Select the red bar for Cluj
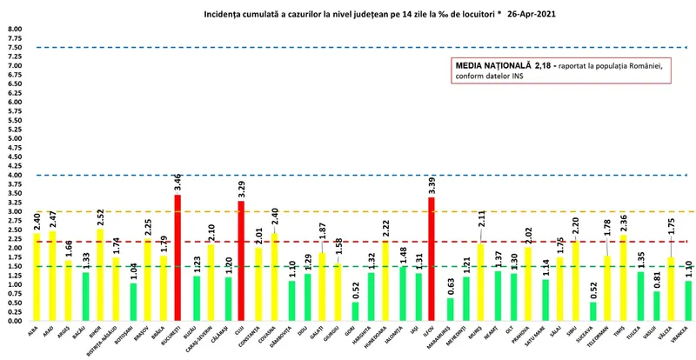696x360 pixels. point(242,261)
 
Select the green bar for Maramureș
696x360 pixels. point(449,310)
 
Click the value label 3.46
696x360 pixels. point(178,183)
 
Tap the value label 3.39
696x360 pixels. point(432,185)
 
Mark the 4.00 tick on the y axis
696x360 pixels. point(15,175)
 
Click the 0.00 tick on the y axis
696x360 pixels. point(15,321)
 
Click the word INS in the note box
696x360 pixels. point(519,77)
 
